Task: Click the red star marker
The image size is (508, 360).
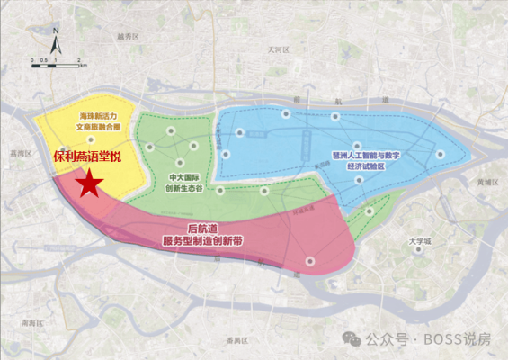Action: pyautogui.click(x=87, y=184)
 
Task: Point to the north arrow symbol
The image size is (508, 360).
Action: pyautogui.click(x=56, y=41)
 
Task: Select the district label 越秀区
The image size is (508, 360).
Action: pyautogui.click(x=129, y=37)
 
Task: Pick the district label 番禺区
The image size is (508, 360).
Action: pyautogui.click(x=236, y=337)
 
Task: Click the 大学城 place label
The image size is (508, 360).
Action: pyautogui.click(x=420, y=241)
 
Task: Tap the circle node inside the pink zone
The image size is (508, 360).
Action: pyautogui.click(x=309, y=261)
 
